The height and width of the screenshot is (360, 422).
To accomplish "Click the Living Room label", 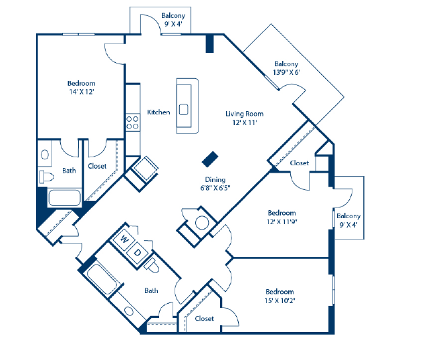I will pos(244,114).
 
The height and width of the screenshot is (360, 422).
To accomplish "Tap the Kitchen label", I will pos(159,112).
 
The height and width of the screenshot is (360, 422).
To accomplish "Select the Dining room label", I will pos(215,179).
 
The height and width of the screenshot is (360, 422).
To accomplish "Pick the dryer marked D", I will pos(136,252).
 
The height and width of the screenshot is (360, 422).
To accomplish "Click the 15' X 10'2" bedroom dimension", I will pos(280,300).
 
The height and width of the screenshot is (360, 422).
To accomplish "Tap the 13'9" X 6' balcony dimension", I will pos(286,72).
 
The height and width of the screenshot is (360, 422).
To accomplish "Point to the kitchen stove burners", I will pos(132,122).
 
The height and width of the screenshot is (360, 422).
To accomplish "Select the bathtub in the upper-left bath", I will pos(64,199).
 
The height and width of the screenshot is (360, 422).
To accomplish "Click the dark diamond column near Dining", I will pos(211,158).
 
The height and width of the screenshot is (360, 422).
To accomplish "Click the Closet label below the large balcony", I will pos(299,163).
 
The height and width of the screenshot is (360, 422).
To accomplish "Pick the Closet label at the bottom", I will pos(205,319).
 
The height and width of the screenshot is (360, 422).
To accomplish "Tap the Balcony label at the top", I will pos(173,15).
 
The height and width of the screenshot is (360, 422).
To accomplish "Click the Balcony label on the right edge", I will pos(348,216).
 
